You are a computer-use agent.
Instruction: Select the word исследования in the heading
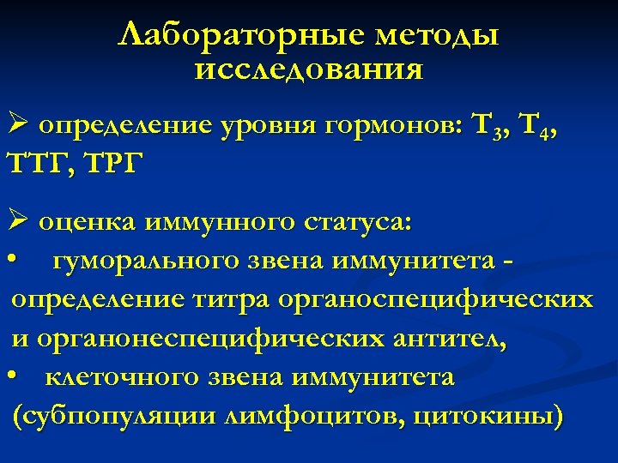click(x=309, y=69)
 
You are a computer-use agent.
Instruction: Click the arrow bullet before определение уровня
click(x=21, y=126)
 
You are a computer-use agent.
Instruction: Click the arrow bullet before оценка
click(x=21, y=224)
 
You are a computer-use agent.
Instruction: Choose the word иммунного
click(x=221, y=224)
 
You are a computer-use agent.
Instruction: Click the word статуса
click(x=358, y=224)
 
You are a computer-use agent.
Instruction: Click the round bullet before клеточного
click(x=13, y=376)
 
